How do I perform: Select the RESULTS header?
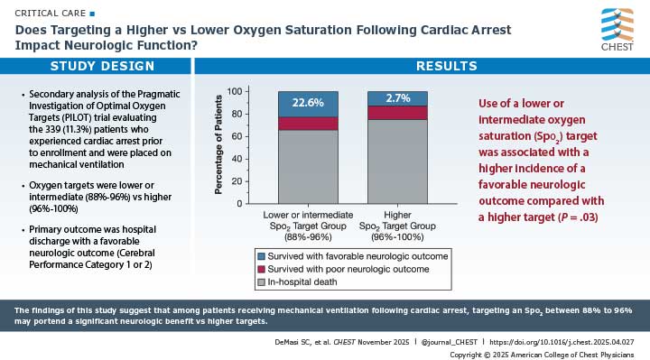click(x=421, y=67)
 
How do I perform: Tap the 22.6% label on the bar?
click(x=308, y=103)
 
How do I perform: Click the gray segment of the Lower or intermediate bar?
click(x=308, y=166)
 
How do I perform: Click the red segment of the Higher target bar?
click(x=397, y=113)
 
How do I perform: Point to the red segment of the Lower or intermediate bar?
click(x=308, y=124)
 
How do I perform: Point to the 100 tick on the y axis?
click(x=234, y=92)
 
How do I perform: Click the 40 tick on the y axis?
click(x=237, y=159)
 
